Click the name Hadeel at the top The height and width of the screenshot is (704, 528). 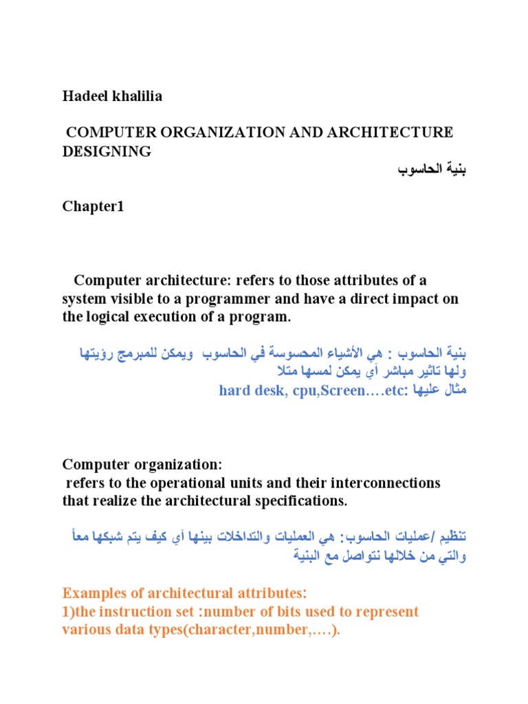[x=85, y=97]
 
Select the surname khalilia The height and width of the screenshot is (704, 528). [x=136, y=97]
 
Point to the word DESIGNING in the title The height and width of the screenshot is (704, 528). [x=107, y=152]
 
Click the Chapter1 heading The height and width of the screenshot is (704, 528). [x=93, y=207]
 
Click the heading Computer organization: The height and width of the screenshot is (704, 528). [x=143, y=464]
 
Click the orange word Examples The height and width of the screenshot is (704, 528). [x=92, y=593]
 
